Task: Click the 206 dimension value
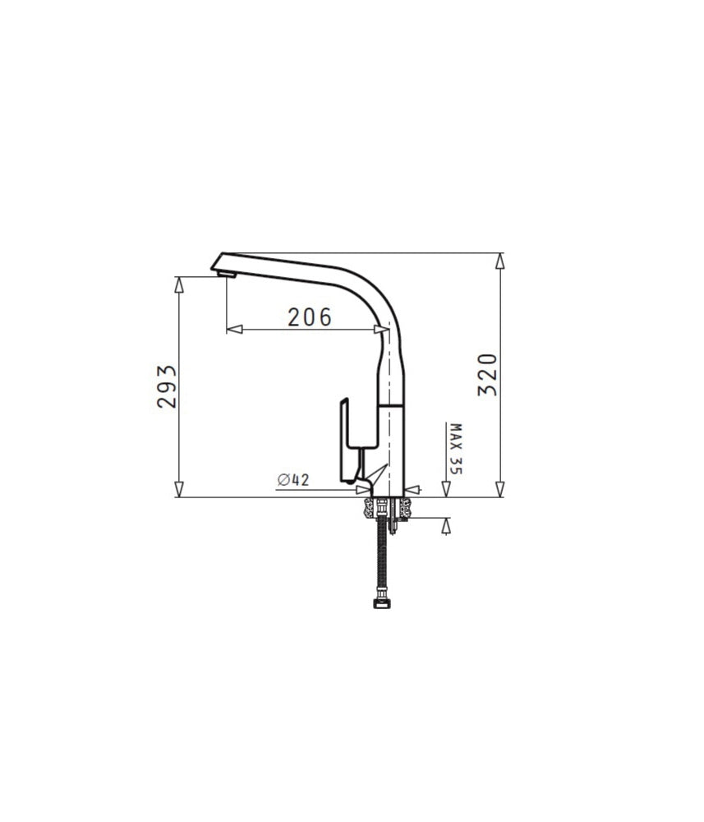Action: [x=310, y=316]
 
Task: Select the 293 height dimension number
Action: [x=167, y=386]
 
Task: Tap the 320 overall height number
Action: [x=487, y=375]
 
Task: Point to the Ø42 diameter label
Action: [x=293, y=479]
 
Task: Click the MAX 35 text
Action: [x=456, y=449]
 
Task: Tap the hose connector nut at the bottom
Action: [x=382, y=603]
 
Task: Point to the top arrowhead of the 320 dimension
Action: [x=499, y=261]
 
